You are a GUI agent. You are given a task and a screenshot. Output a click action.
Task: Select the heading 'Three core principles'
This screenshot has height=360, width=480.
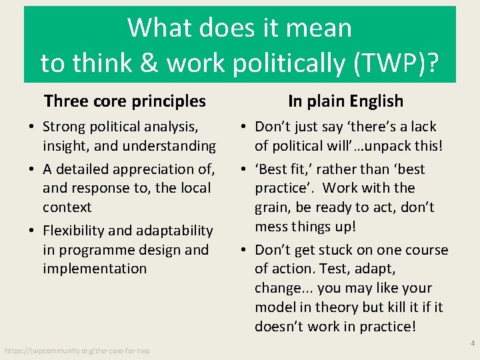[125, 101]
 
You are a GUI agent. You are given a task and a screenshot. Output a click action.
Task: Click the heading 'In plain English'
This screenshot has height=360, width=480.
[345, 101]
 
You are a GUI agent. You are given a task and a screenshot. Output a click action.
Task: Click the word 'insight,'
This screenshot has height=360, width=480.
[66, 145]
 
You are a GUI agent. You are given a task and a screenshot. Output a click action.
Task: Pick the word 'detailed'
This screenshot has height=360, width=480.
[87, 169]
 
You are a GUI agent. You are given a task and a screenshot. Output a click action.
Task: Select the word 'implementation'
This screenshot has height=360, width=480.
[95, 269]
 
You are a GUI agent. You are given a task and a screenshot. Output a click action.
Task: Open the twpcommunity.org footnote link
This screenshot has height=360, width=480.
[77, 351]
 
